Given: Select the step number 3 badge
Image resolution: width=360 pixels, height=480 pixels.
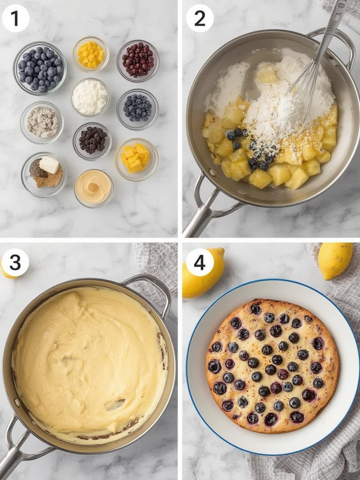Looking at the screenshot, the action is [15, 263].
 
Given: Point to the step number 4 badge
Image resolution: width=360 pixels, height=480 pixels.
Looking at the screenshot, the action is [200, 263].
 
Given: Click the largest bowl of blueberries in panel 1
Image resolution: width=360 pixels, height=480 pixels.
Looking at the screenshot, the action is [40, 68].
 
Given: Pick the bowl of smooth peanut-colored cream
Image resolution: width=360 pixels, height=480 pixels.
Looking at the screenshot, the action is [94, 188].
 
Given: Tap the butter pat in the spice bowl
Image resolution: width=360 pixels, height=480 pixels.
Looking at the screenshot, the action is [49, 164].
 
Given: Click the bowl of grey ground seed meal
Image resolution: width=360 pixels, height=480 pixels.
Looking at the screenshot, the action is [42, 123].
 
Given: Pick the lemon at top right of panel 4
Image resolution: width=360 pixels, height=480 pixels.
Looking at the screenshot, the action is [335, 261].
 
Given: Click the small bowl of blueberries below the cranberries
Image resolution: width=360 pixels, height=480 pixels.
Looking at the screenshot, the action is [138, 110].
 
